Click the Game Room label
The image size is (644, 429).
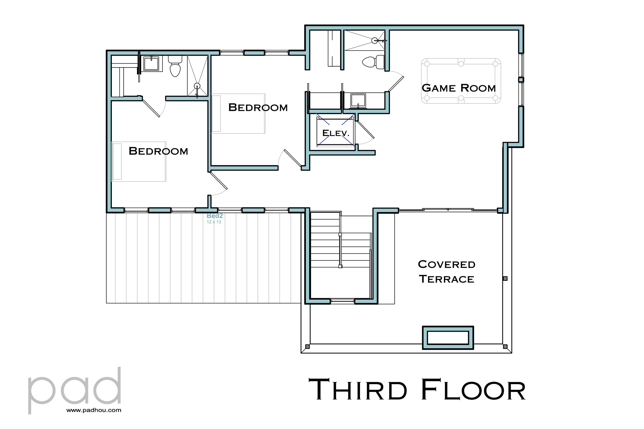[458, 88]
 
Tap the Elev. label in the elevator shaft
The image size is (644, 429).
[336, 133]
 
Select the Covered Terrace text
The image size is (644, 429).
[447, 272]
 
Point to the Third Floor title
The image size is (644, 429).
[417, 390]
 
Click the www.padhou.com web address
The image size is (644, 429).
[94, 410]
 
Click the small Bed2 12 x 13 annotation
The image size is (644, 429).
[214, 219]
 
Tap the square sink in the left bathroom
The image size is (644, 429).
[151, 64]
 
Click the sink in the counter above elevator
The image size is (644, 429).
[358, 100]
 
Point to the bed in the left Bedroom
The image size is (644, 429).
[139, 161]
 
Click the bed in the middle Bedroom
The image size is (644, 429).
[238, 113]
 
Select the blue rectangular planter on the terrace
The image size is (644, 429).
[447, 337]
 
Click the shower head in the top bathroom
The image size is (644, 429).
[375, 41]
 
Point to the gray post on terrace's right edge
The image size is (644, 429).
[505, 278]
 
